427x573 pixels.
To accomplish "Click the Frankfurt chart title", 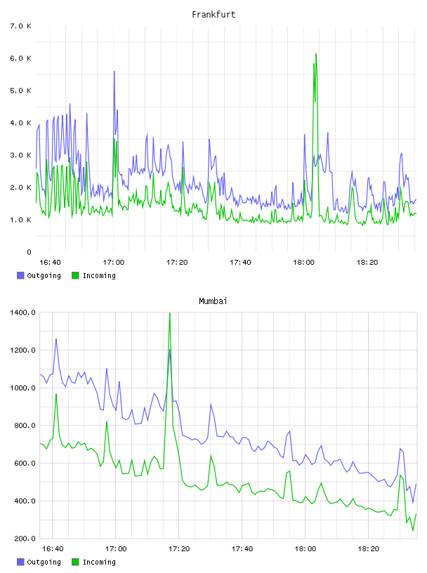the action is click(213, 14).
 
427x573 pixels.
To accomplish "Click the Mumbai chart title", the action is click(213, 301).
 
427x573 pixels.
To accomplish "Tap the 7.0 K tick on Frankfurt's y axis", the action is click(21, 26).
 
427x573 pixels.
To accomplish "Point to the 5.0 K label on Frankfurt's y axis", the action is click(21, 91).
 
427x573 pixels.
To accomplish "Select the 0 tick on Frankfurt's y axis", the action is click(29, 252).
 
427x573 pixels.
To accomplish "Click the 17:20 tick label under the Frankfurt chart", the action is click(177, 262).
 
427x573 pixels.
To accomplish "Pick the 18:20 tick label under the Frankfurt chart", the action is click(367, 262).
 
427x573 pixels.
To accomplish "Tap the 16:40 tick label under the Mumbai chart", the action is click(53, 548).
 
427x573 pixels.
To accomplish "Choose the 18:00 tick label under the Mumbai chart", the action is click(306, 548).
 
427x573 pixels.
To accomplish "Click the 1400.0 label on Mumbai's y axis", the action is click(22, 312).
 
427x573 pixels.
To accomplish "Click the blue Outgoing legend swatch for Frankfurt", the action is click(20, 275).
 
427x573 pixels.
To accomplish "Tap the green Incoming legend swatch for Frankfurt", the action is click(75, 275).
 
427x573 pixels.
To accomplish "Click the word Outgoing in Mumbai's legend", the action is click(44, 562).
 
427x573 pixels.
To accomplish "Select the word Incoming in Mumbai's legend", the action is click(99, 562).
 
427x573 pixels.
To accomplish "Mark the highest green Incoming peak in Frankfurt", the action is click(316, 54).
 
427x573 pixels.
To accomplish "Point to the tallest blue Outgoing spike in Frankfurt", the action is click(114, 72).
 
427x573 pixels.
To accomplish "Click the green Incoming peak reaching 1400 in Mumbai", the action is click(170, 313).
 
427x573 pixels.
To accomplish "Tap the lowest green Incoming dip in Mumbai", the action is click(413, 530).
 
